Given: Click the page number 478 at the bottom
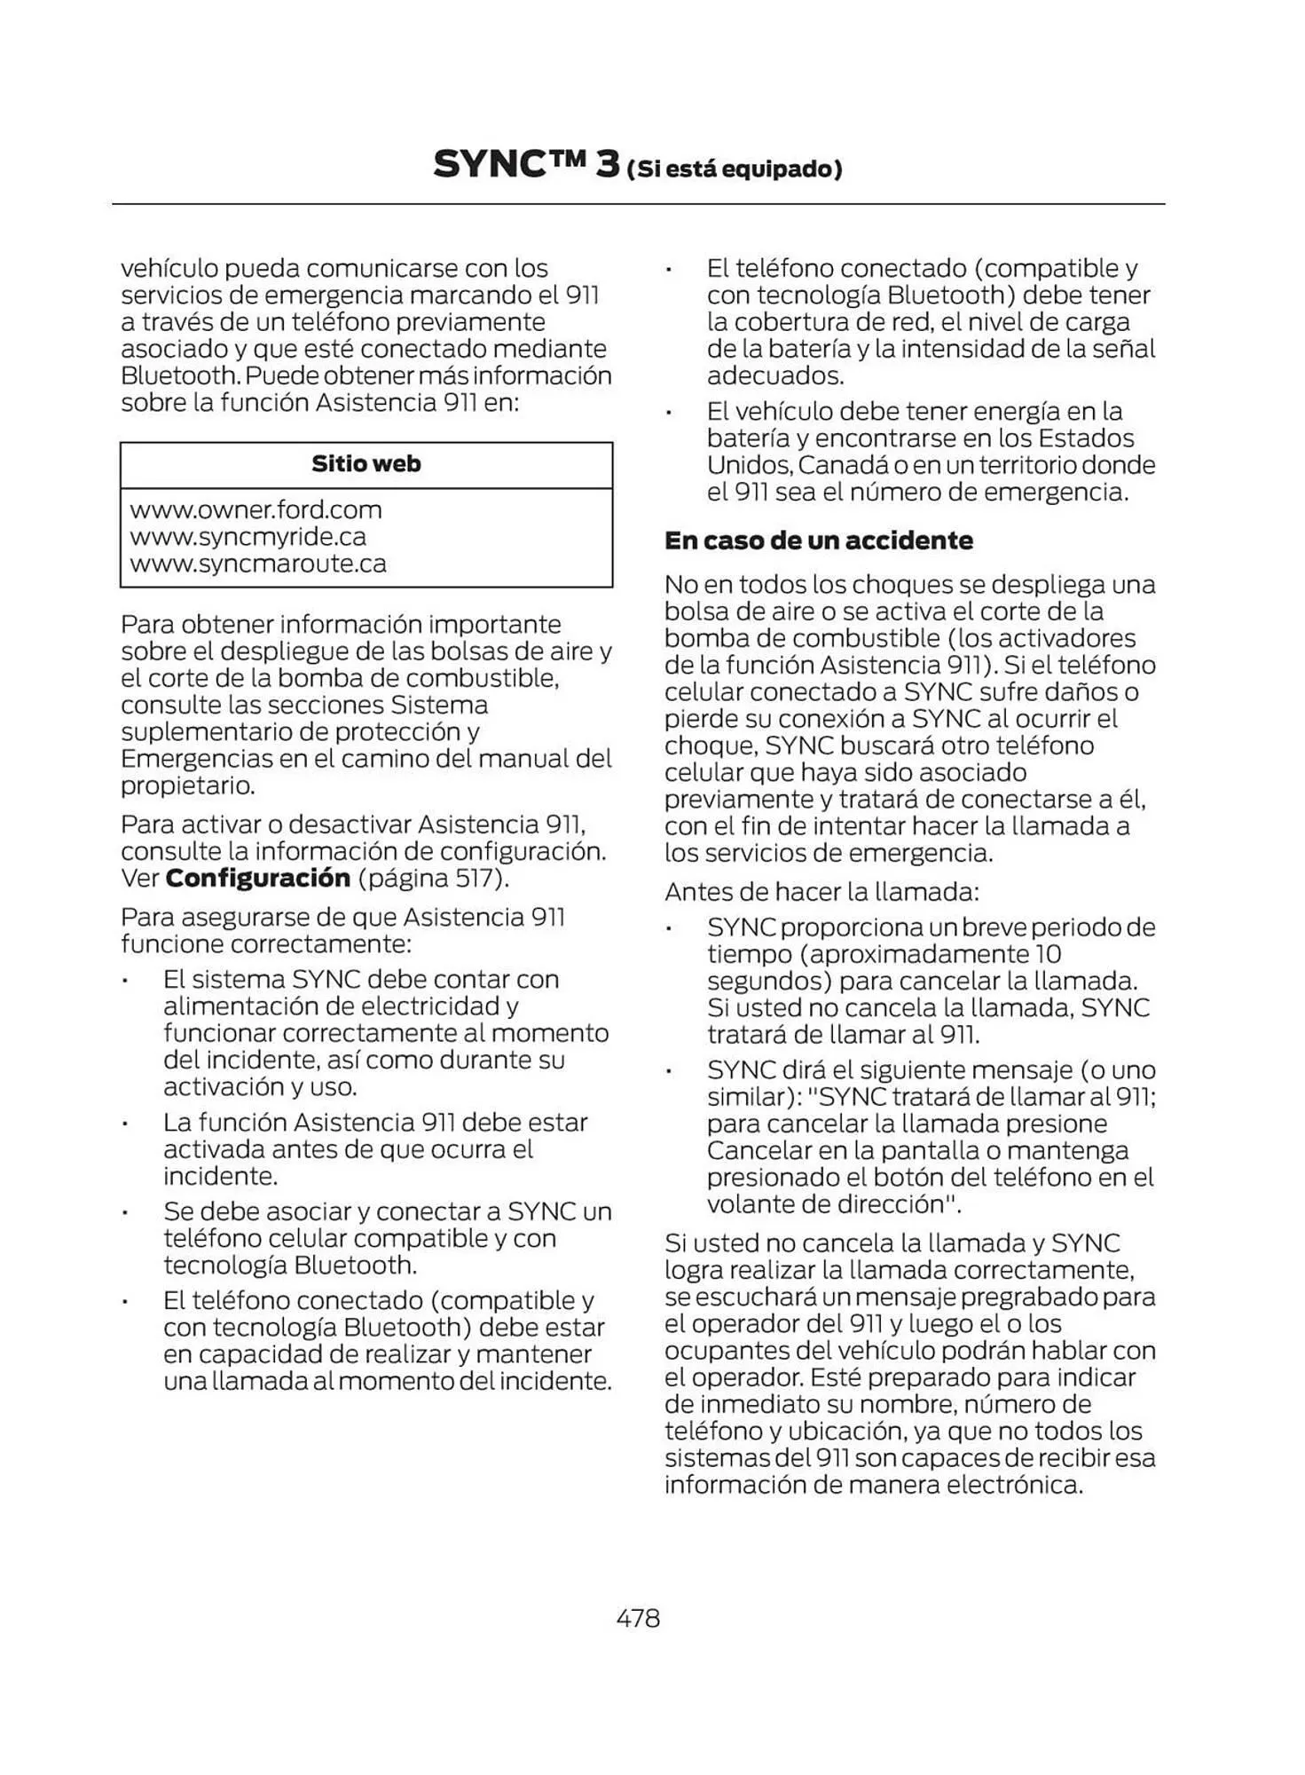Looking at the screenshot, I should (638, 1618).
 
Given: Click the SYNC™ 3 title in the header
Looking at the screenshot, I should (526, 165).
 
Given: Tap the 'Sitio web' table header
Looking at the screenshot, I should (366, 463).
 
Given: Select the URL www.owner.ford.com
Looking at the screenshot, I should (255, 509).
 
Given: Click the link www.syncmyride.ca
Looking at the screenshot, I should (248, 536).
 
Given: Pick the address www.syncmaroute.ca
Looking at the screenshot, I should (257, 564).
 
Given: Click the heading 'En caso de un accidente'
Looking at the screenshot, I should (818, 540).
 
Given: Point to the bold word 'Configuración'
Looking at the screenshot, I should (258, 878).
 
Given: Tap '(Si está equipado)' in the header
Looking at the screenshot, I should (734, 169).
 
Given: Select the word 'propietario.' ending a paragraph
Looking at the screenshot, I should (188, 785).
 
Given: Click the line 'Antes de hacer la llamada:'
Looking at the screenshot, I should (822, 891).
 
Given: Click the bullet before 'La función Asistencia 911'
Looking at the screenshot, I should (127, 1124).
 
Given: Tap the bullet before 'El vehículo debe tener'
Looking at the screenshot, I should (671, 413).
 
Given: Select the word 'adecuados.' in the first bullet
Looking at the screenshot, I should (775, 375).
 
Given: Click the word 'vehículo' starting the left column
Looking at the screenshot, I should (169, 268).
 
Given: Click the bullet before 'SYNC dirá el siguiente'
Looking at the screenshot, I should (671, 1072).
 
